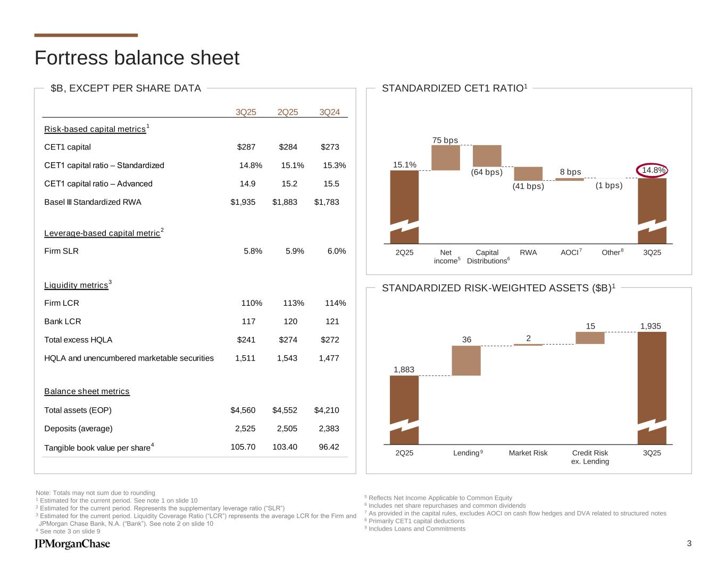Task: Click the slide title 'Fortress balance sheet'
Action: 137,58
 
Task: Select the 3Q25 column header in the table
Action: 246,112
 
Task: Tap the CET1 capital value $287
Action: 246,147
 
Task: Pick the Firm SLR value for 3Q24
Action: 335,251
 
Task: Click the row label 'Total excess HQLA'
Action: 78,340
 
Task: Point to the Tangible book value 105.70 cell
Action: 243,447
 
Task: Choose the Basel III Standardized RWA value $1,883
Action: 285,202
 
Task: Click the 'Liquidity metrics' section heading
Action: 76,286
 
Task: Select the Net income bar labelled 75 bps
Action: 445,157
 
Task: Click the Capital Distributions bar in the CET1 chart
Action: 487,155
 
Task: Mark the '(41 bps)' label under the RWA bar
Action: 528,187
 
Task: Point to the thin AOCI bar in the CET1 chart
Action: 569,179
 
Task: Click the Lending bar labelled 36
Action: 466,361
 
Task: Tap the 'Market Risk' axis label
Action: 528,453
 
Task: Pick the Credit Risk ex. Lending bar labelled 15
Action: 590,338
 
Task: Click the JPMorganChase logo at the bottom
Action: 72,544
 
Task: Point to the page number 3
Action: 689,543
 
